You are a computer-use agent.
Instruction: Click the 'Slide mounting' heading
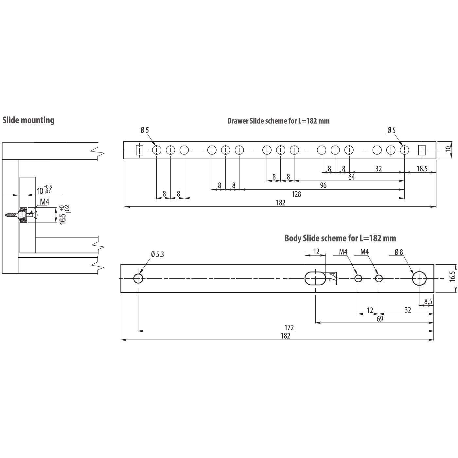click(28, 120)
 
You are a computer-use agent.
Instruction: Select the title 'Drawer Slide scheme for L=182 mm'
click(278, 121)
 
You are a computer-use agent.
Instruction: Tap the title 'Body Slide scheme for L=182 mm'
click(340, 238)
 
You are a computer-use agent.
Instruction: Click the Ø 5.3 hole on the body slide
click(138, 279)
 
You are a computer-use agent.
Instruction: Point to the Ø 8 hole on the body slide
click(419, 278)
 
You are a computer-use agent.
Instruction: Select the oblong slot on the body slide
click(315, 278)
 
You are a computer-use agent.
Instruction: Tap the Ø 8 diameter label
click(399, 252)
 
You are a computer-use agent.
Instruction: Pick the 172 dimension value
click(289, 327)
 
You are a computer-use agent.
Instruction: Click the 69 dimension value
click(379, 319)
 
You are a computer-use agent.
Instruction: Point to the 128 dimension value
click(296, 194)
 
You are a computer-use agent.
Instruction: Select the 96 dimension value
click(323, 186)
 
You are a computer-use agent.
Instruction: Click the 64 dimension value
click(351, 177)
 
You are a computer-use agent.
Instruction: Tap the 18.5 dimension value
click(422, 169)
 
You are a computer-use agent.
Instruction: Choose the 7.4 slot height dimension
click(332, 277)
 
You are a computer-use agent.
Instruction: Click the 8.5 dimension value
click(428, 301)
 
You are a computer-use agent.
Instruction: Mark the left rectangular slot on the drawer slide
click(140, 150)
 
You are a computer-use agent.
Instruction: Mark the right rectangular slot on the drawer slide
click(422, 150)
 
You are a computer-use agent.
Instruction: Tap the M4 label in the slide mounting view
click(44, 202)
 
